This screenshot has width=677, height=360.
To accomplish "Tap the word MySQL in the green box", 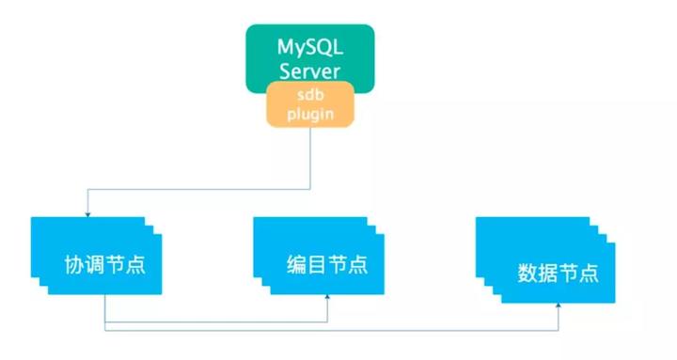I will (x=310, y=45).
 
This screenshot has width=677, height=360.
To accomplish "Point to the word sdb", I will (x=310, y=95).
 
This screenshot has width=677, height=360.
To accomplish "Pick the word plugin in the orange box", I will (x=310, y=114).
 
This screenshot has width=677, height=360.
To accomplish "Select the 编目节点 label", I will (x=325, y=263).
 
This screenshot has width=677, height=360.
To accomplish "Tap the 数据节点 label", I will (x=558, y=274).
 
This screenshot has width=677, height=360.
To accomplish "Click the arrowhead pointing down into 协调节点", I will (x=87, y=212).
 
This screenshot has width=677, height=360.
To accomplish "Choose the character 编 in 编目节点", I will (x=296, y=263).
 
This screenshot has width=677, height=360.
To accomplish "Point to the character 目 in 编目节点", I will (x=316, y=263).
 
